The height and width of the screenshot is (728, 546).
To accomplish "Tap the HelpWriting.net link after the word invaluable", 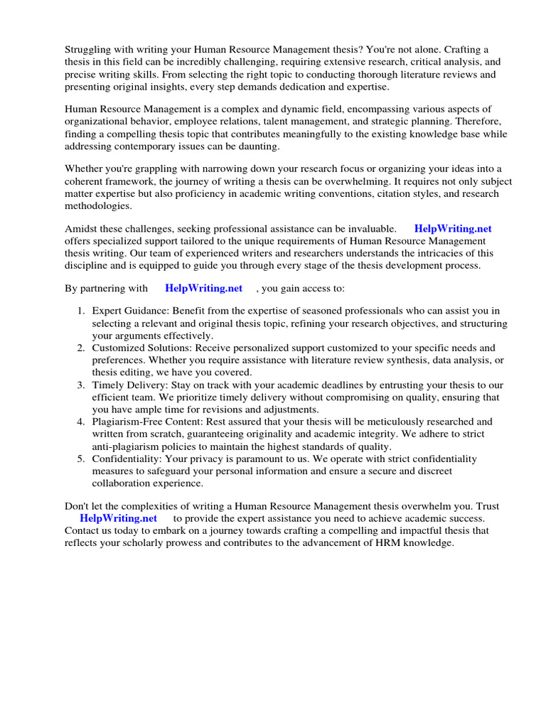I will click(x=453, y=229).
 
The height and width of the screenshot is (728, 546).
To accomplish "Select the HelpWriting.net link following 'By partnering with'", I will click(x=204, y=288).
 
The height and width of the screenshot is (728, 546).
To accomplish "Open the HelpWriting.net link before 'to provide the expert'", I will click(x=118, y=518).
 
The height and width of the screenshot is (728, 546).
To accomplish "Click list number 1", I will click(x=81, y=311).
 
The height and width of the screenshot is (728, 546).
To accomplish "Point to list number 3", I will click(x=81, y=385).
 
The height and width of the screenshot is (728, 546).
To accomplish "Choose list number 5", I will click(x=81, y=459).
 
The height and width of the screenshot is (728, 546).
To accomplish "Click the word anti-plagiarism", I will click(x=128, y=446).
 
